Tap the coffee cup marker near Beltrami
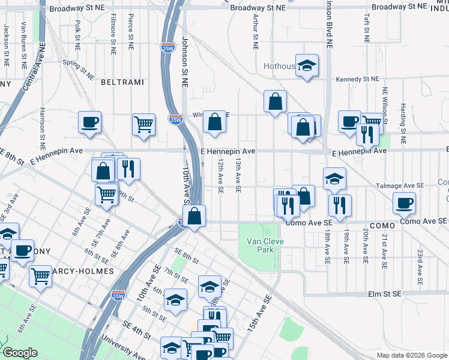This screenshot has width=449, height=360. coord(89,122)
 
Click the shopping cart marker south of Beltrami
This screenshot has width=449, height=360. coord(144,125)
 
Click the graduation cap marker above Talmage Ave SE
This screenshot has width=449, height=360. coord(334,178)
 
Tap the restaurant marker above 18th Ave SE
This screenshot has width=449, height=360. coord(340,205)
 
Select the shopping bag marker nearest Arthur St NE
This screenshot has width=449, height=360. coord(275,101)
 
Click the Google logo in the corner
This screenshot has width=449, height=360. coord(20,353)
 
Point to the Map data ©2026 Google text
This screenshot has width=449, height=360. coord(412,355)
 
